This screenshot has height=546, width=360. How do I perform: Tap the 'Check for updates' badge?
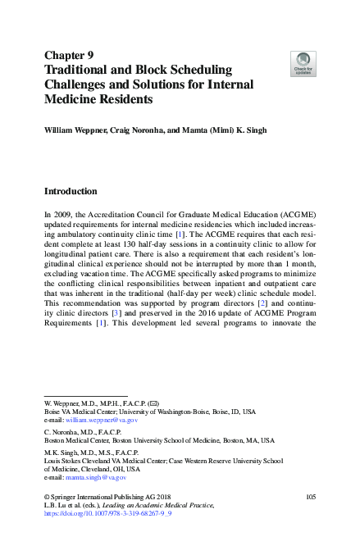click(303, 61)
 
